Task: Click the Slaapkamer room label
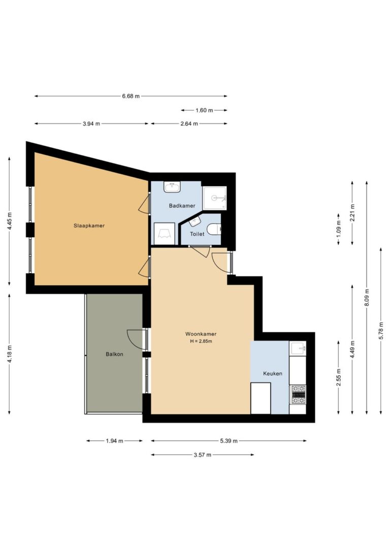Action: (89, 225)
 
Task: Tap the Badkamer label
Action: (182, 206)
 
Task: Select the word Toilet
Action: (197, 234)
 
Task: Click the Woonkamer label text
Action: (201, 334)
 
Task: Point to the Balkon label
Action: (115, 354)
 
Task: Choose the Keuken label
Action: (273, 374)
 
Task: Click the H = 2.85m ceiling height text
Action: (201, 341)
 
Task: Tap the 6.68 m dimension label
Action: (131, 96)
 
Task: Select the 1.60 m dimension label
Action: (204, 110)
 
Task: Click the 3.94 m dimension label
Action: (91, 124)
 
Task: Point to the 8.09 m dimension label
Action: (367, 297)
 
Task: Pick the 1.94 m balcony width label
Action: (115, 441)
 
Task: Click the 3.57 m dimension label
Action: (203, 455)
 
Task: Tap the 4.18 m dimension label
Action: (10, 354)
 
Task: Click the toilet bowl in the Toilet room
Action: (214, 230)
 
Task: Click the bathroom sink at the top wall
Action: (172, 187)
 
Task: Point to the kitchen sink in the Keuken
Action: (298, 348)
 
